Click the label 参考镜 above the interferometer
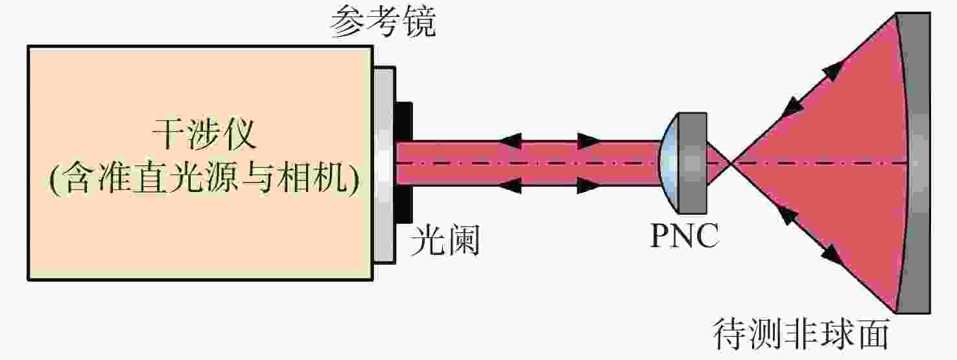383,22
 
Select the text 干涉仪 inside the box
204,134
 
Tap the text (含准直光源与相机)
204,178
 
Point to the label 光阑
445,240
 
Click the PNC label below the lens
685,235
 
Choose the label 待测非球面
801,334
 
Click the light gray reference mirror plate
384,165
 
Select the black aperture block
404,162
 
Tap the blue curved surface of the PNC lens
667,163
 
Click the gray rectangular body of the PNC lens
692,163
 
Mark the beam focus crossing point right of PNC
731,163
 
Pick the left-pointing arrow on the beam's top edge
510,141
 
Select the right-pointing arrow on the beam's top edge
589,141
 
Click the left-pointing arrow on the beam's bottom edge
510,186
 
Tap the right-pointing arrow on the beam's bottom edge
589,186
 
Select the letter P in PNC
660,235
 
